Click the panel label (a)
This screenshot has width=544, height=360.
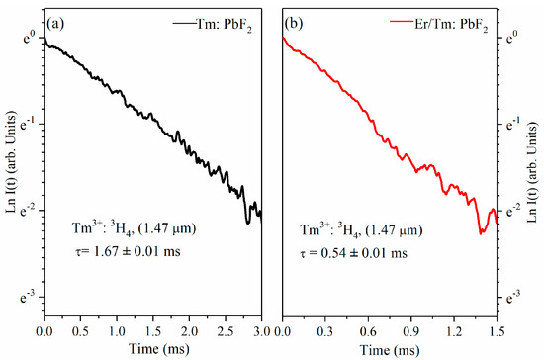coord(55,24)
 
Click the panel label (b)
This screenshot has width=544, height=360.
coord(294,24)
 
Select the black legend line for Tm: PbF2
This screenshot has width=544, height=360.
coord(185,23)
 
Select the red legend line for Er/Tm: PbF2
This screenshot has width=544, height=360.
coord(403,21)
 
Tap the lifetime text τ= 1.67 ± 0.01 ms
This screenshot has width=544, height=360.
coord(128,251)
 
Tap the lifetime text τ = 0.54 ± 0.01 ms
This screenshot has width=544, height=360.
coord(353,253)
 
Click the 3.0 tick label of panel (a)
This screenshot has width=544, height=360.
coord(261,331)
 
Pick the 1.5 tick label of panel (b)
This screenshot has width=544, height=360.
coord(497,331)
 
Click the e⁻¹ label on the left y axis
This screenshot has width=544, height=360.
coord(28,124)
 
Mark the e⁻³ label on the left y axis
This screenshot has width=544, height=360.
coord(28,297)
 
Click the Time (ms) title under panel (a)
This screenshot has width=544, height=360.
coord(159,349)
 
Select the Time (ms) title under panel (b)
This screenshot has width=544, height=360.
coord(390,349)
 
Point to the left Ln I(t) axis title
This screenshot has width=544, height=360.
coord(12,161)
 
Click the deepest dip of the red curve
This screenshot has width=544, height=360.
coord(481,234)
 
